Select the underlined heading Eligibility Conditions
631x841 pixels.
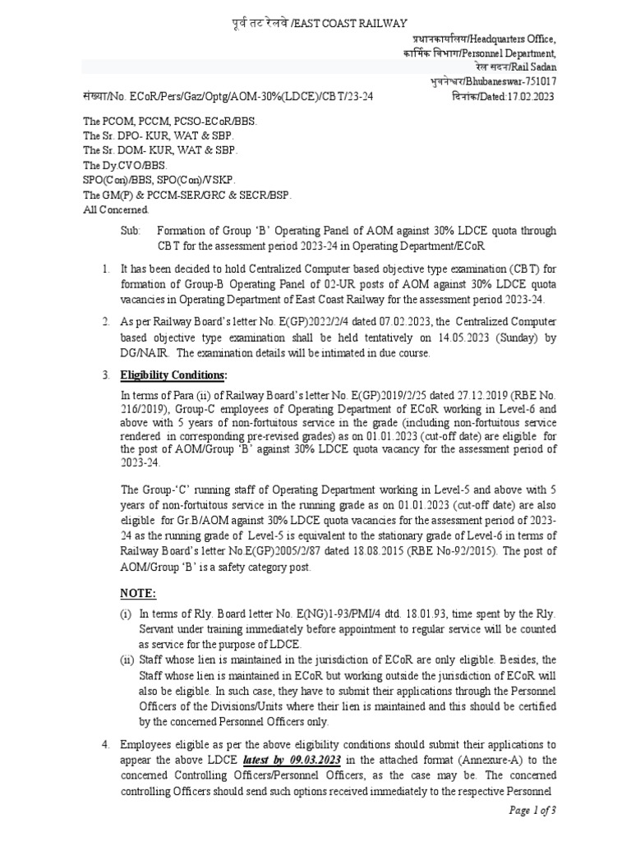click(173, 375)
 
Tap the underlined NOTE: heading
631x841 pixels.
click(138, 593)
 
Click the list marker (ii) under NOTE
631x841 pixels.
click(126, 659)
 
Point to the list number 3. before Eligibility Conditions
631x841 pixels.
click(106, 375)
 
